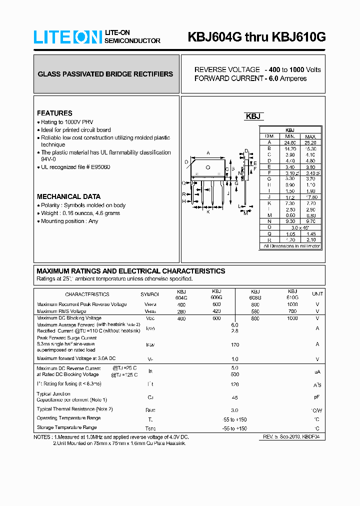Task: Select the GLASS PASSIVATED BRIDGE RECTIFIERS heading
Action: [105, 74]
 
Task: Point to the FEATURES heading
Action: [54, 113]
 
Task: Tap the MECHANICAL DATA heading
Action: [68, 196]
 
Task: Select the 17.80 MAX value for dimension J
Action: [310, 197]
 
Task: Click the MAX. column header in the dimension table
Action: [310, 136]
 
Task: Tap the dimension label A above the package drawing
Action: [208, 153]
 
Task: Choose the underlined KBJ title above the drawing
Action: [253, 116]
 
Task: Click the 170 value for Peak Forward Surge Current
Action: [235, 344]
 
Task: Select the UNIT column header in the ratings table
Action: [317, 294]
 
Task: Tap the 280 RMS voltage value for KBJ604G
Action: [181, 311]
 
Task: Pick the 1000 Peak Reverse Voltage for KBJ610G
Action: [292, 304]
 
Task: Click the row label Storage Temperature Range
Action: [66, 427]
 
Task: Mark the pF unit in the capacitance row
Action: [317, 397]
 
